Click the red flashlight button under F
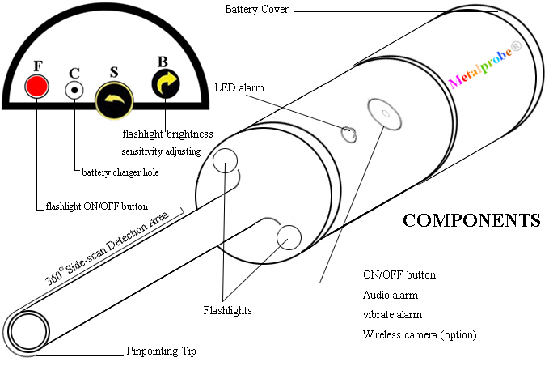37,86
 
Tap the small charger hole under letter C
75,90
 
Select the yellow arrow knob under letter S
113,100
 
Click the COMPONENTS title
471,220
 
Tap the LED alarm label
239,87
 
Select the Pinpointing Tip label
161,351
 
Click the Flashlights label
227,310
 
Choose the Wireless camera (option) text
420,334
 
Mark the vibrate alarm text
393,314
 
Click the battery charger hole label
120,172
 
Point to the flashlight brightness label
167,133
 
